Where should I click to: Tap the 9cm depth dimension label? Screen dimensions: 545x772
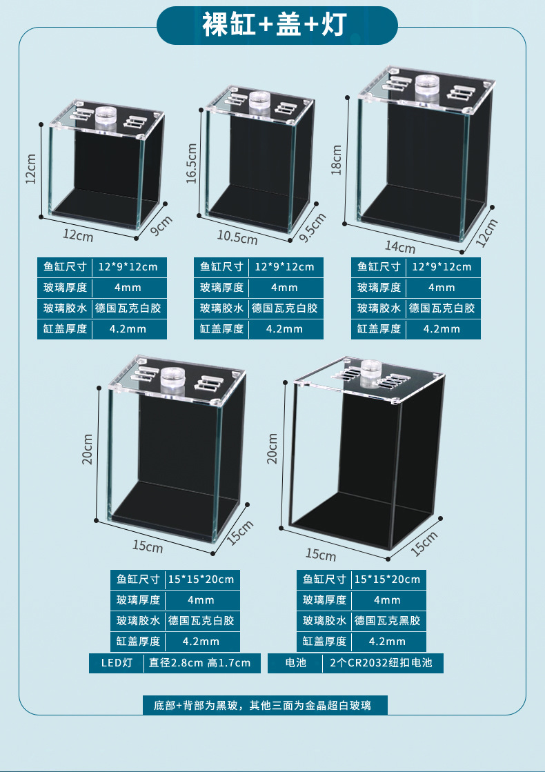pos(160,226)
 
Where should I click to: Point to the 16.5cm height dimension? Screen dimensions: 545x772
pos(192,163)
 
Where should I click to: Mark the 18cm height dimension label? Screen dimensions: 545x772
pos(337,159)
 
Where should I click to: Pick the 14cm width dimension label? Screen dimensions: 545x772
pos(400,246)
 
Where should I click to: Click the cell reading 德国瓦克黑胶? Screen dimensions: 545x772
pos(387,621)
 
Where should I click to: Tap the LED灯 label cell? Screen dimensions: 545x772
pos(117,663)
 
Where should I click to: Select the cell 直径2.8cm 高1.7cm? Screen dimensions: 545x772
pos(200,663)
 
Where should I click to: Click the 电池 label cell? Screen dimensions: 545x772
pos(295,663)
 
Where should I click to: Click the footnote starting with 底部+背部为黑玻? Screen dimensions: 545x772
pos(272,705)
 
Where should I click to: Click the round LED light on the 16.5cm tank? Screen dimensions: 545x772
pos(259,101)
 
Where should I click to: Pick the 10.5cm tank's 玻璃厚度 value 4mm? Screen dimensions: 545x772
pos(284,288)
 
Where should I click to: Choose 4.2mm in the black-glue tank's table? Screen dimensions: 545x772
pos(387,642)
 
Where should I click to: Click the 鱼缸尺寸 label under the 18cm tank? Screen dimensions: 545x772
pos(379,267)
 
